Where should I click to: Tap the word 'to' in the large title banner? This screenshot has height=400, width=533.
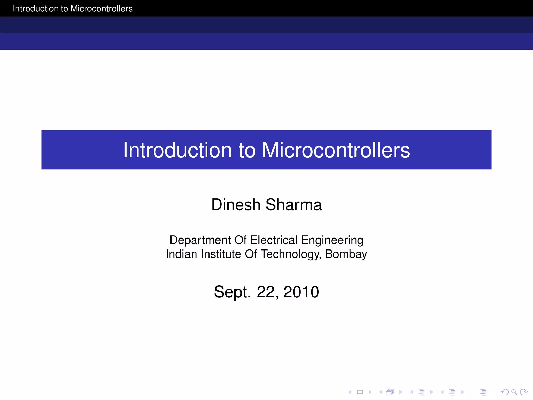[247, 151]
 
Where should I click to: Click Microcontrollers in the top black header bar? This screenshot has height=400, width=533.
[101, 9]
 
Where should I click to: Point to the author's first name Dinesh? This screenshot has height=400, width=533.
[236, 205]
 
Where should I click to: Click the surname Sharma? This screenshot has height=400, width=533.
[294, 205]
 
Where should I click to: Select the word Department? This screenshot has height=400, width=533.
[200, 240]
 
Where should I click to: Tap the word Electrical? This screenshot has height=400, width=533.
[274, 240]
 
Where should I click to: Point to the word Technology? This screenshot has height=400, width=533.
[291, 254]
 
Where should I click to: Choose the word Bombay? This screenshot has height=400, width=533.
[346, 254]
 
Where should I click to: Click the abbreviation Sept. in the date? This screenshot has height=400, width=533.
[232, 292]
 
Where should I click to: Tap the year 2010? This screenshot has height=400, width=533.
[301, 292]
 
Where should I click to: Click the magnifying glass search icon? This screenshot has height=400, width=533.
[514, 392]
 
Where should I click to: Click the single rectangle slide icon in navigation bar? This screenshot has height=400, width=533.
[360, 392]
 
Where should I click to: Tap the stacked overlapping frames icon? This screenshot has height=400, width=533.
[390, 392]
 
